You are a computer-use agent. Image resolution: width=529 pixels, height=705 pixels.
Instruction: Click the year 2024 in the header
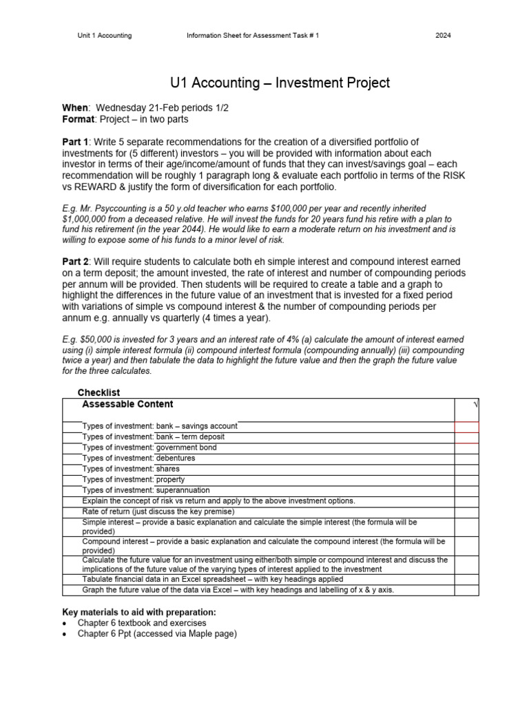[444, 36]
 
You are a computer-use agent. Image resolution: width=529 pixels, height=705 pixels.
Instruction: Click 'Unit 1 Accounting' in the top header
[104, 36]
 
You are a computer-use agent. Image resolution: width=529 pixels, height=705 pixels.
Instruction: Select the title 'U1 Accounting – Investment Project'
[280, 83]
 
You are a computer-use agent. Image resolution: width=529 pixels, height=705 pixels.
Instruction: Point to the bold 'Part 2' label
[79, 262]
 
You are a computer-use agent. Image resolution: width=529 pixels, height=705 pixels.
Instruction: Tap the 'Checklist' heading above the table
[98, 392]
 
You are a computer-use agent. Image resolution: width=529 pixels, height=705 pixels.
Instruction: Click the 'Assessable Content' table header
[127, 404]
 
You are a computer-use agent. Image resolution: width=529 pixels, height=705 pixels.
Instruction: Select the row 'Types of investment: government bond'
[149, 448]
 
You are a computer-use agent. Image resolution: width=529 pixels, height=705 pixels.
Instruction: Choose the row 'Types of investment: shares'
[131, 469]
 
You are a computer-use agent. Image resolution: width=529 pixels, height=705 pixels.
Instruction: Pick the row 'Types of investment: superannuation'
[146, 490]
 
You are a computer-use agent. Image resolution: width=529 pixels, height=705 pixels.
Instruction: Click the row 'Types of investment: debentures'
[138, 458]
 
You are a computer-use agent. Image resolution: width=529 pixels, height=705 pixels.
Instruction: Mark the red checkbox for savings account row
[466, 427]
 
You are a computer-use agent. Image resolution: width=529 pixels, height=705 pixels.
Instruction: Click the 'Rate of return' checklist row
[158, 512]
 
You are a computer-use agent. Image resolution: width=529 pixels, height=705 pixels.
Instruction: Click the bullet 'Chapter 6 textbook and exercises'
[141, 623]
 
